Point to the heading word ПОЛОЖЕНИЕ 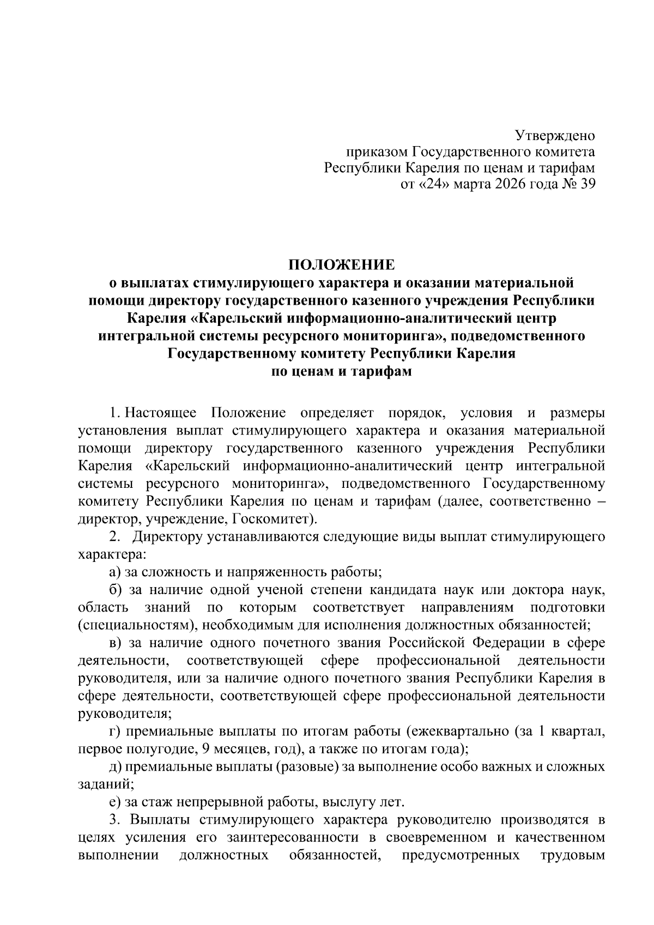[x=341, y=265]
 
